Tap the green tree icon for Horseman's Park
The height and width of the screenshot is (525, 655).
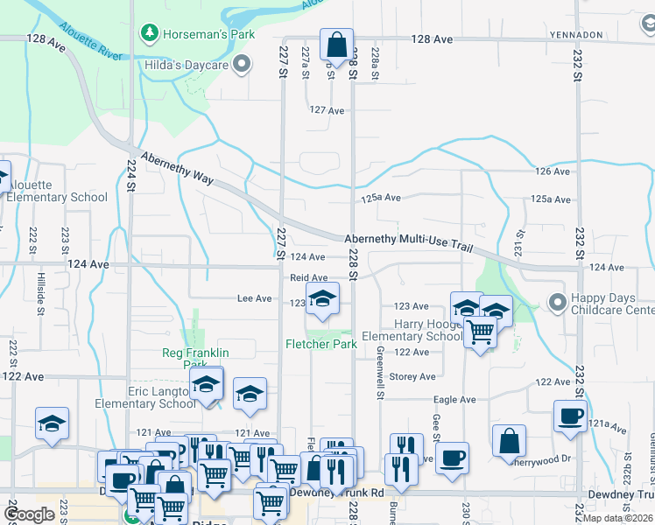coord(149,34)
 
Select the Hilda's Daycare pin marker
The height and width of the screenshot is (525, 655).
coord(243,64)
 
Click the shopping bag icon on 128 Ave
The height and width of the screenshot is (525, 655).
coord(336,44)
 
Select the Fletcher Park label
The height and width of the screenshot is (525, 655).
coord(320,344)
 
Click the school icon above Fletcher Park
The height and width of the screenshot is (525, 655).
coord(322,299)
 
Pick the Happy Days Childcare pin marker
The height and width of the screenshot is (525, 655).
coord(557,302)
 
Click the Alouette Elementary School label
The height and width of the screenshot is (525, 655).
coord(58,191)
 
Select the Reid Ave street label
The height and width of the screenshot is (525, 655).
coord(308,277)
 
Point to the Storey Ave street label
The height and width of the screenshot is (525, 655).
coord(412,377)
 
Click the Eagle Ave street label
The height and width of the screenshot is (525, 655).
coord(455,400)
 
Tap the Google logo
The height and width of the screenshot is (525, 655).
coord(29,514)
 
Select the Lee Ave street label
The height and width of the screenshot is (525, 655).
coord(255,298)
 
